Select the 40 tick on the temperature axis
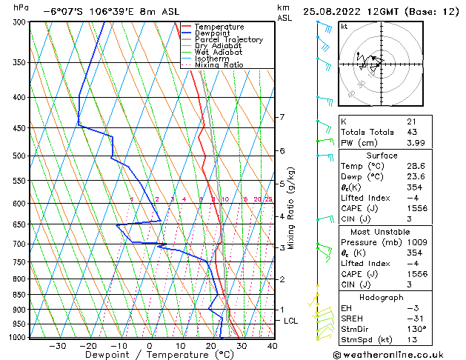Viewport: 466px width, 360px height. pyautogui.click(x=273, y=345)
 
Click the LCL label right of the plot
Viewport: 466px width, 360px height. pyautogui.click(x=290, y=321)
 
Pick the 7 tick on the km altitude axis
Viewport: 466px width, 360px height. pyautogui.click(x=282, y=118)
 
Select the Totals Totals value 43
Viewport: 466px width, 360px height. pyautogui.click(x=411, y=132)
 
